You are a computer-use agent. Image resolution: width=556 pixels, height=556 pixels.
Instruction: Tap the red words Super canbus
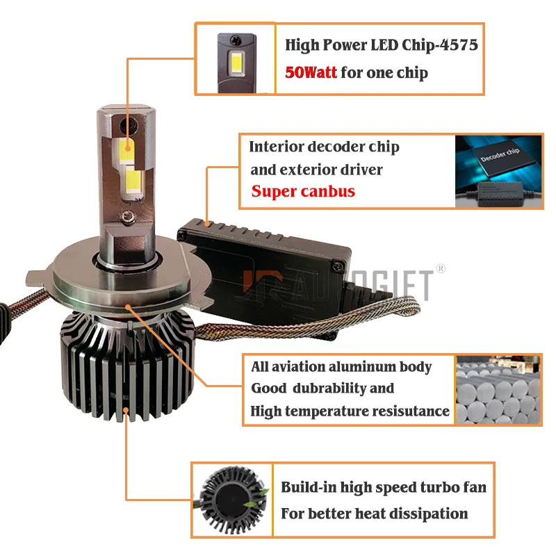tap(303, 191)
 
